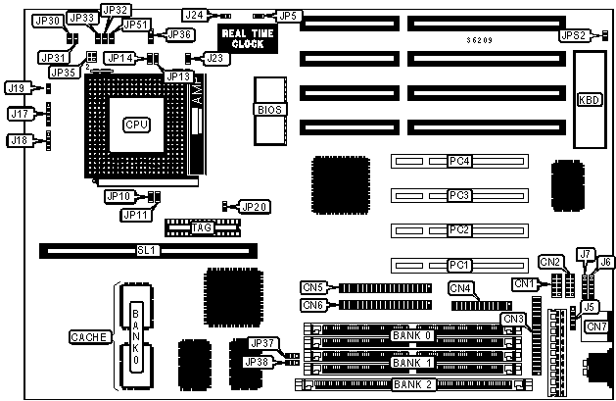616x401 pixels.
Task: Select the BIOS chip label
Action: [x=269, y=110]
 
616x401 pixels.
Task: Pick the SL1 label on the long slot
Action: [x=146, y=251]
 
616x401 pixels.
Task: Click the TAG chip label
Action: [x=202, y=227]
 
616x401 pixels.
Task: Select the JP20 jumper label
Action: [x=254, y=206]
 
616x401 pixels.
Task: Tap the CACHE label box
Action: [x=89, y=337]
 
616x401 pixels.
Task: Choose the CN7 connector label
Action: [x=596, y=326]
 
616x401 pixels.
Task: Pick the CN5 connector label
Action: [x=313, y=287]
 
